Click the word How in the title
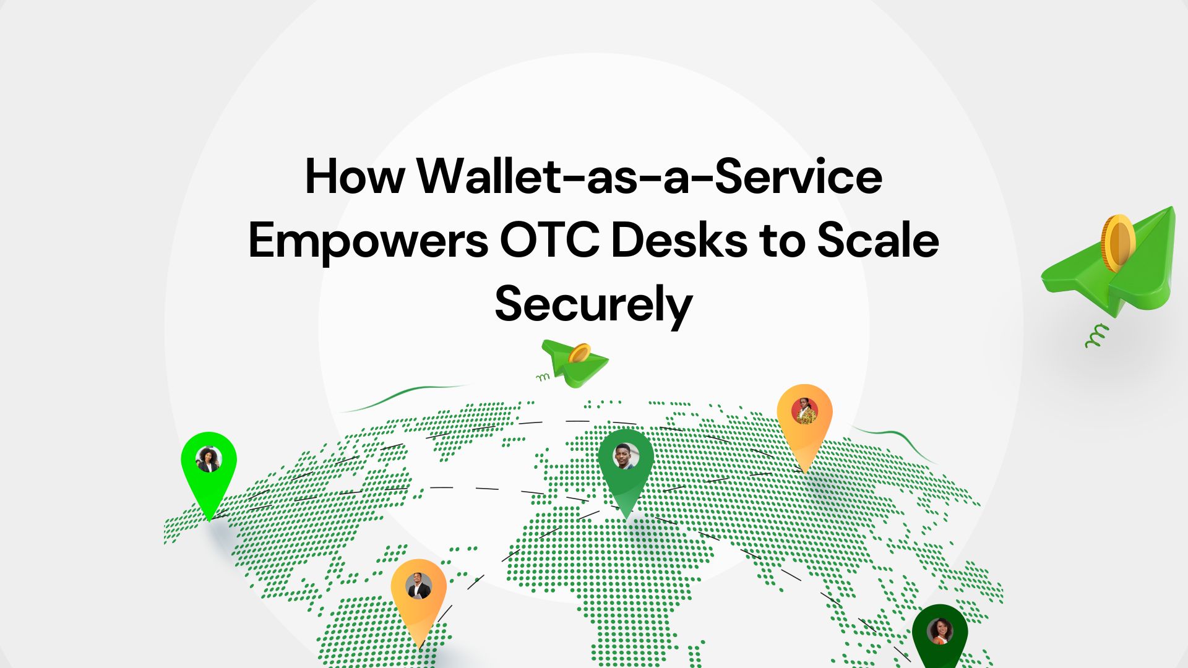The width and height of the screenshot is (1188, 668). [355, 177]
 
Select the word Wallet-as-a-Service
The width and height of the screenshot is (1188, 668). [650, 177]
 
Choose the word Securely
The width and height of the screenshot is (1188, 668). [593, 306]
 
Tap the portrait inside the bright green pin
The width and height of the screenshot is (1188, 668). [209, 460]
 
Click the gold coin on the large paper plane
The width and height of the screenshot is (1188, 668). [1117, 243]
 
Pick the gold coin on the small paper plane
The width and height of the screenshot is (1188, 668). [579, 354]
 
